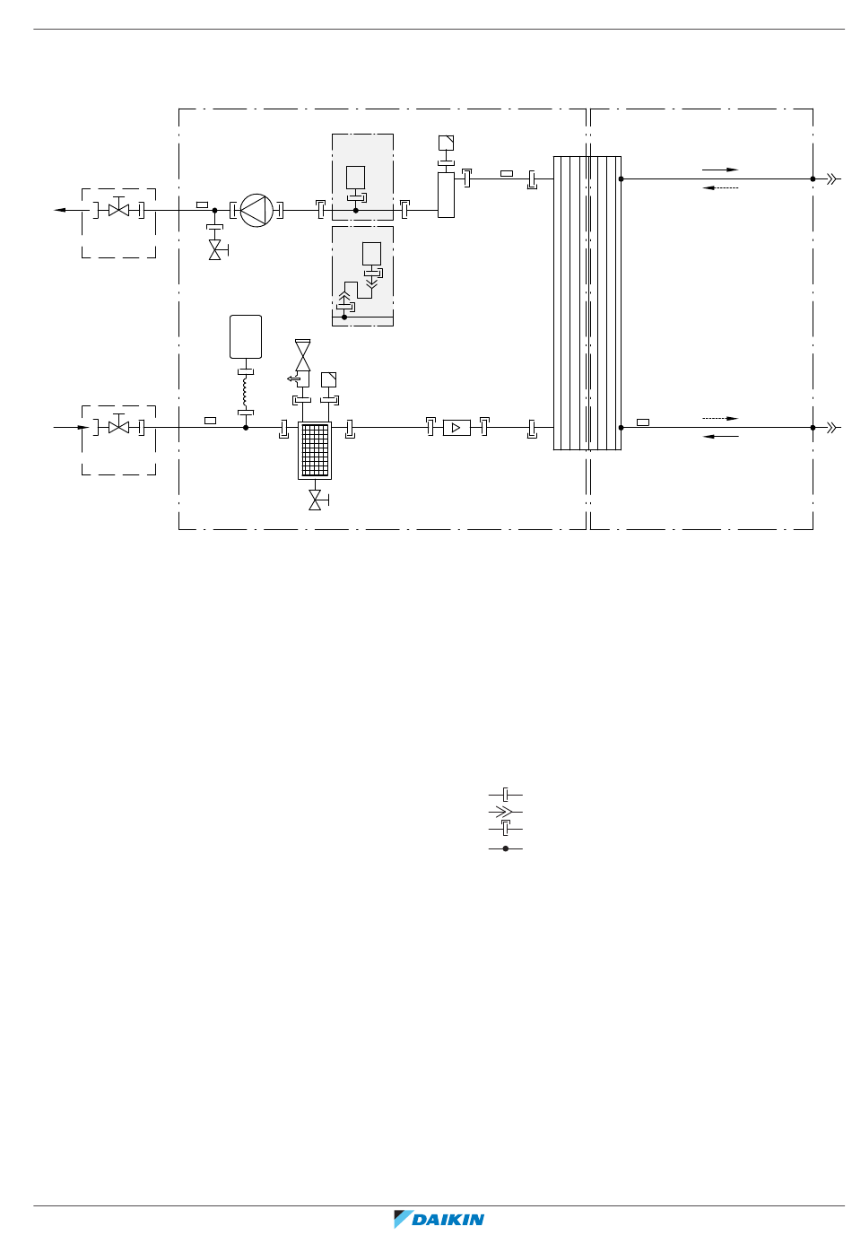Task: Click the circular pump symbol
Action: tap(256, 211)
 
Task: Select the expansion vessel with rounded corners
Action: tap(246, 336)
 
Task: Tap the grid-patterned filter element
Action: tap(315, 450)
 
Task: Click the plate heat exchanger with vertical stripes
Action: tap(587, 303)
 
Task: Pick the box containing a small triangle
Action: tap(456, 428)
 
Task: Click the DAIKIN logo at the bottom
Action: tap(439, 1219)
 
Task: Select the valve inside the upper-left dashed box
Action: tap(119, 209)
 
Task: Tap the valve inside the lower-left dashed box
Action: tap(119, 427)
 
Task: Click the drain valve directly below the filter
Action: tap(317, 500)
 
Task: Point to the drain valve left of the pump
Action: tap(216, 250)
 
